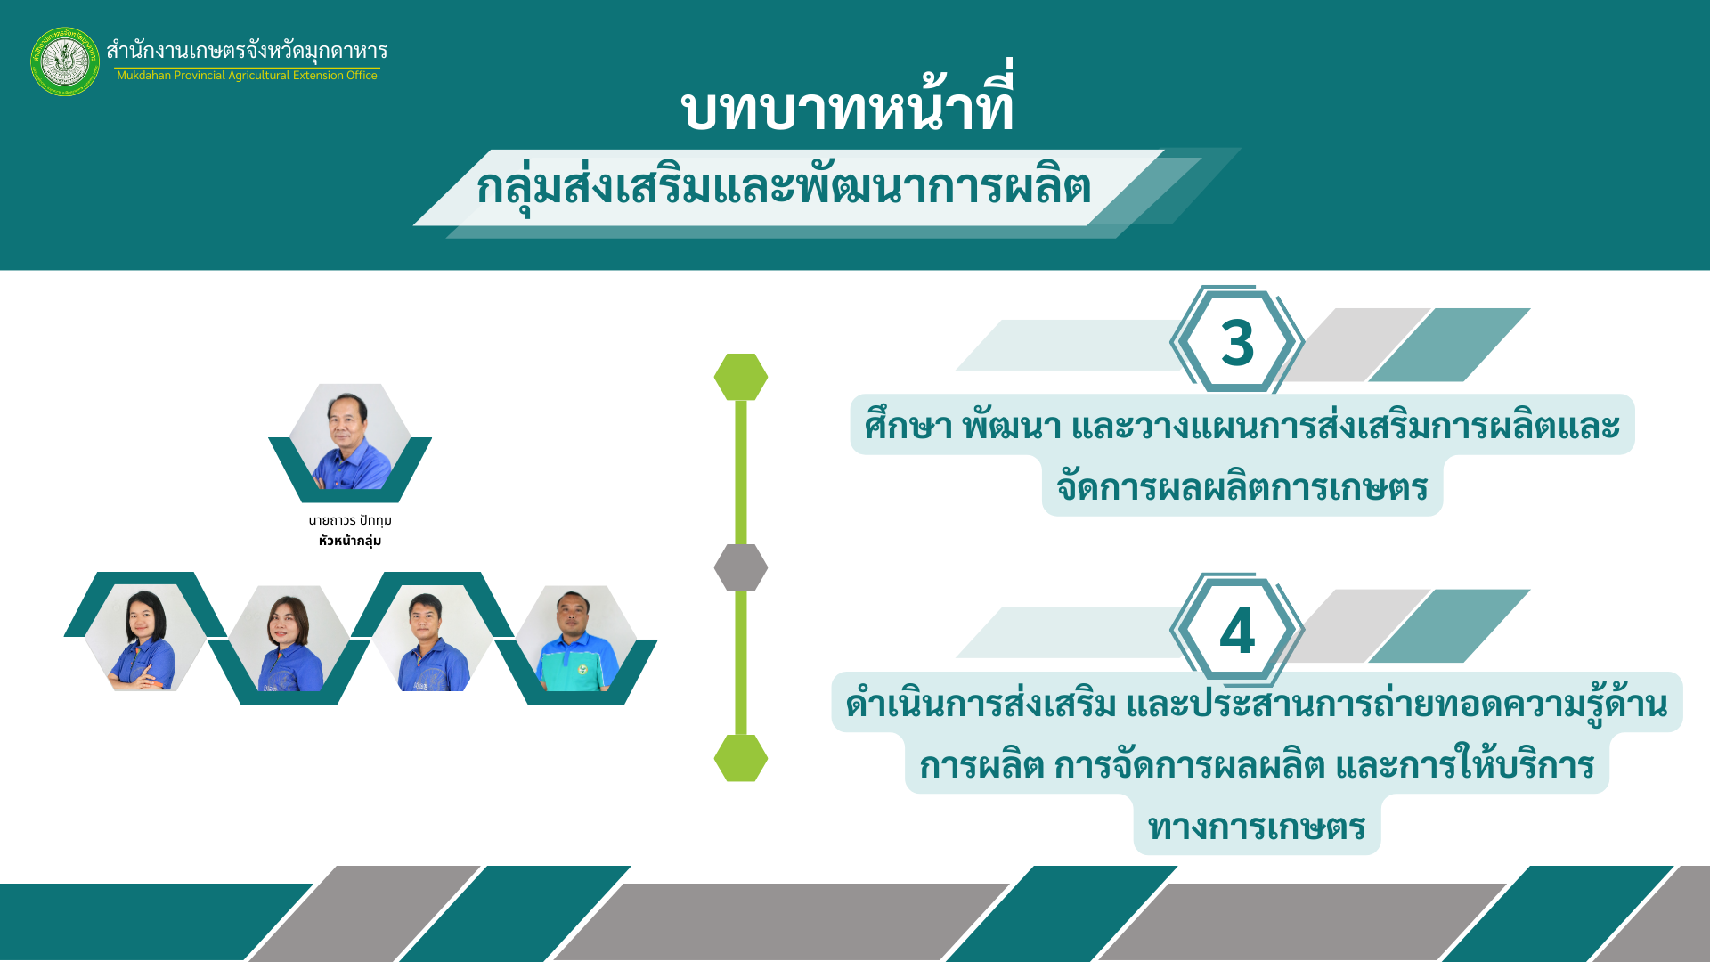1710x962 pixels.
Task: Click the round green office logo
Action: pos(65,61)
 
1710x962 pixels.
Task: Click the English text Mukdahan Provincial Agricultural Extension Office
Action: pos(247,76)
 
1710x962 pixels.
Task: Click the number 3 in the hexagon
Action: pos(1237,343)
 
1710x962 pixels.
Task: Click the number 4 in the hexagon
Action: pos(1237,632)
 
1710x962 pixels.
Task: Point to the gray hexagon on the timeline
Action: pos(741,567)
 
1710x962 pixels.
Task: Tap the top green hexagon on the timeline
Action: pos(741,377)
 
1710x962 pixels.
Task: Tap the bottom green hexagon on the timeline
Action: pos(741,758)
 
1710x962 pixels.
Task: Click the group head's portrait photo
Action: pos(350,438)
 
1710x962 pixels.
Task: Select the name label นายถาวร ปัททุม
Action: pos(350,520)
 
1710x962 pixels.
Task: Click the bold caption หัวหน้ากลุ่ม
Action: pos(350,541)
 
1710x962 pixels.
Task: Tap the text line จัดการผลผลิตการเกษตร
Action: pos(1242,487)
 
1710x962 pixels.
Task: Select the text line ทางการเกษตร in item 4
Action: pos(1257,827)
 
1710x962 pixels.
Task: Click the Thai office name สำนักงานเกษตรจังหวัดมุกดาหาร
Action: pos(247,51)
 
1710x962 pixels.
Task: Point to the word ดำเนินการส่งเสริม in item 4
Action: pos(981,704)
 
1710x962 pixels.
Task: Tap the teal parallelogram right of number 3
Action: pos(1449,345)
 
